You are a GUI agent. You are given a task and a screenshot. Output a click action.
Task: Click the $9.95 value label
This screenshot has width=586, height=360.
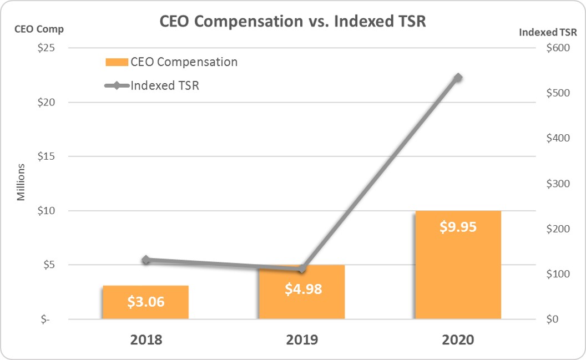(x=458, y=227)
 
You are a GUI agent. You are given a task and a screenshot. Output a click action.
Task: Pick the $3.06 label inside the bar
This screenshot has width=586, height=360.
(x=146, y=302)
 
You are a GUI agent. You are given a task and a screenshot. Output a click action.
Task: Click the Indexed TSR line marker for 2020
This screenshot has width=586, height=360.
(x=458, y=78)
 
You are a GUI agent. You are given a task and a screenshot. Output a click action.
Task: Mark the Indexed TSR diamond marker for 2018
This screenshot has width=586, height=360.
(x=146, y=260)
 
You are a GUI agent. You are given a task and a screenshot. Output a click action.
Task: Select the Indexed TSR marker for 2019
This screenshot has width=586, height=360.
(x=302, y=269)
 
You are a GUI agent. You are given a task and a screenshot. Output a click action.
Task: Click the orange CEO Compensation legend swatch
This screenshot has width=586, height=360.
(x=117, y=62)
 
